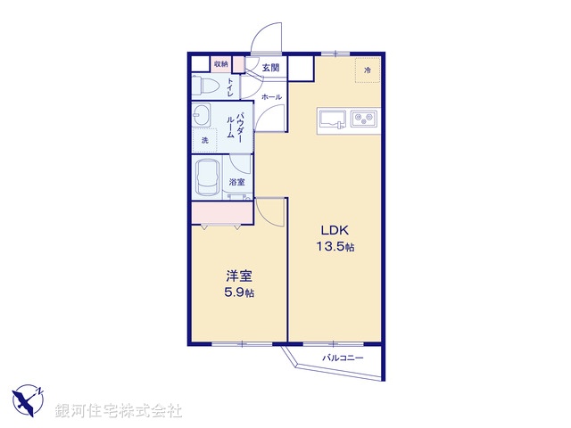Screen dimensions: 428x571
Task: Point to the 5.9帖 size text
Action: (237, 292)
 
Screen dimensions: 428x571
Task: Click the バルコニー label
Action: (343, 358)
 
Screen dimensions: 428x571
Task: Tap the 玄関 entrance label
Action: (270, 68)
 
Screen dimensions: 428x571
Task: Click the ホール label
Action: (271, 96)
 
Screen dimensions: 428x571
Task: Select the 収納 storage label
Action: (220, 64)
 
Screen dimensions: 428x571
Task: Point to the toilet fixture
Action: (206, 87)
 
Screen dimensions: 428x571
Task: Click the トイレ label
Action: (230, 87)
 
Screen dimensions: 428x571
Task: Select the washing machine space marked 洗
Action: (204, 141)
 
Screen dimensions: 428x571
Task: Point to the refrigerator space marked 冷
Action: (367, 69)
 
